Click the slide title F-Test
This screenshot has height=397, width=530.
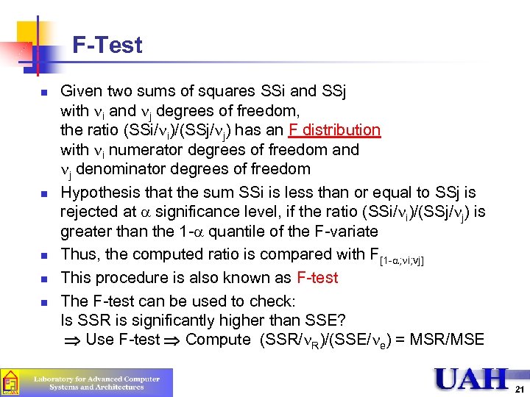pyautogui.click(x=107, y=46)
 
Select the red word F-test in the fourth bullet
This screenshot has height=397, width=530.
pyautogui.click(x=317, y=278)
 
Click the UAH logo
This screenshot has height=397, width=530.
pyautogui.click(x=471, y=379)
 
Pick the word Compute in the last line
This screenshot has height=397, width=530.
pyautogui.click(x=218, y=340)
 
